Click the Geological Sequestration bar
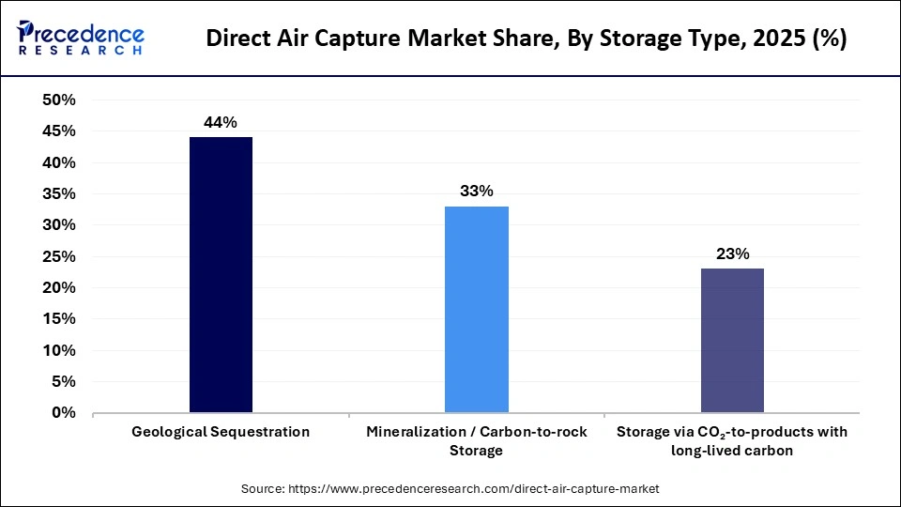tap(221, 274)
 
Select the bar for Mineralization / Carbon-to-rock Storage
tap(477, 309)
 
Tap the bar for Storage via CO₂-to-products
tap(732, 340)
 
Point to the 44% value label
tap(221, 121)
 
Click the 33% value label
tap(477, 191)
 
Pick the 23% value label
tap(732, 253)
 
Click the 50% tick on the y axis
tap(59, 100)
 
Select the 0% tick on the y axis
tap(63, 413)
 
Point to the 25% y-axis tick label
tap(59, 256)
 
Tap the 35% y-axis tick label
tap(59, 194)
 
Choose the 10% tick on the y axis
tap(59, 350)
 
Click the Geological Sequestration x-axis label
tap(221, 432)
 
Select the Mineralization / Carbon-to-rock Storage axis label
tap(477, 440)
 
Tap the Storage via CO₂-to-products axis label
tap(732, 440)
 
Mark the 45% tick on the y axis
tap(59, 131)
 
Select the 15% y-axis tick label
tap(59, 319)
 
